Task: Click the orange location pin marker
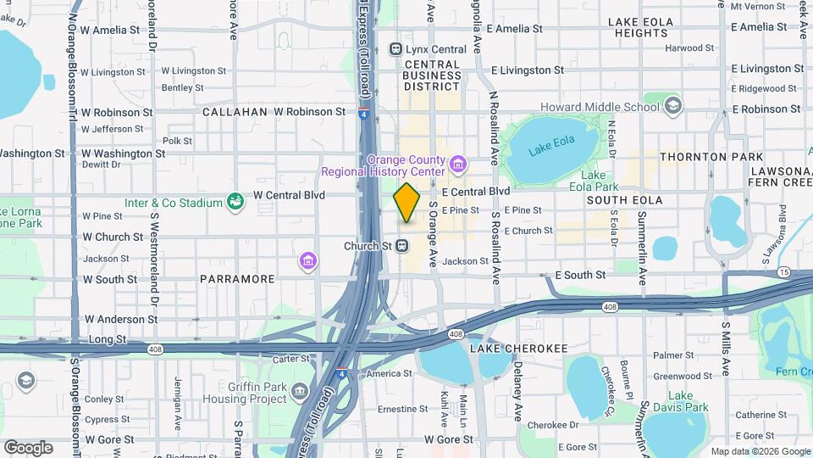[406, 203]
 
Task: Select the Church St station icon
[403, 246]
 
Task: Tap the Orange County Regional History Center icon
[457, 162]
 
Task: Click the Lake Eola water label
[545, 151]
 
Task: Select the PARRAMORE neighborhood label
[237, 279]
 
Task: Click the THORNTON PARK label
[711, 157]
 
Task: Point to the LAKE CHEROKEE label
[507, 349]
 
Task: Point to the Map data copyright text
[760, 451]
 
